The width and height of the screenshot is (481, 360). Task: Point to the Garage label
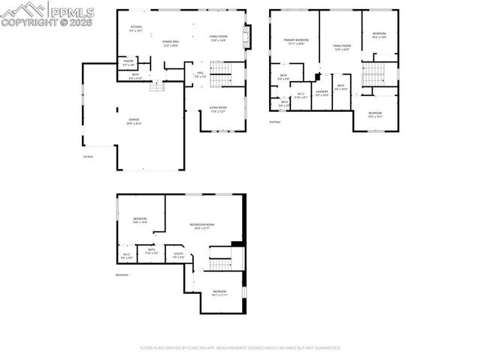click(x=134, y=121)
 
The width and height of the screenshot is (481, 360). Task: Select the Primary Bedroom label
click(x=296, y=41)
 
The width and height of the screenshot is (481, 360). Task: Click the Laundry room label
click(x=322, y=93)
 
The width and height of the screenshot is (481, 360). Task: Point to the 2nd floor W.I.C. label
click(x=300, y=95)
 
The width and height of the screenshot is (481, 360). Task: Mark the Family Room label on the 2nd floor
click(x=342, y=47)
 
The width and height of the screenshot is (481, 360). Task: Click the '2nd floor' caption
click(x=275, y=121)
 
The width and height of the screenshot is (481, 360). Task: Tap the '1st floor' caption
click(x=88, y=156)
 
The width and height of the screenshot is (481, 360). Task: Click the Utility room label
click(x=178, y=256)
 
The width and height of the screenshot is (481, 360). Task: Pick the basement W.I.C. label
click(x=126, y=256)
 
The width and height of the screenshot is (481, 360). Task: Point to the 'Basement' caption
click(x=123, y=275)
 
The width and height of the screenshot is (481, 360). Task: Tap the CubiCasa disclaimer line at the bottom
click(x=240, y=348)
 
